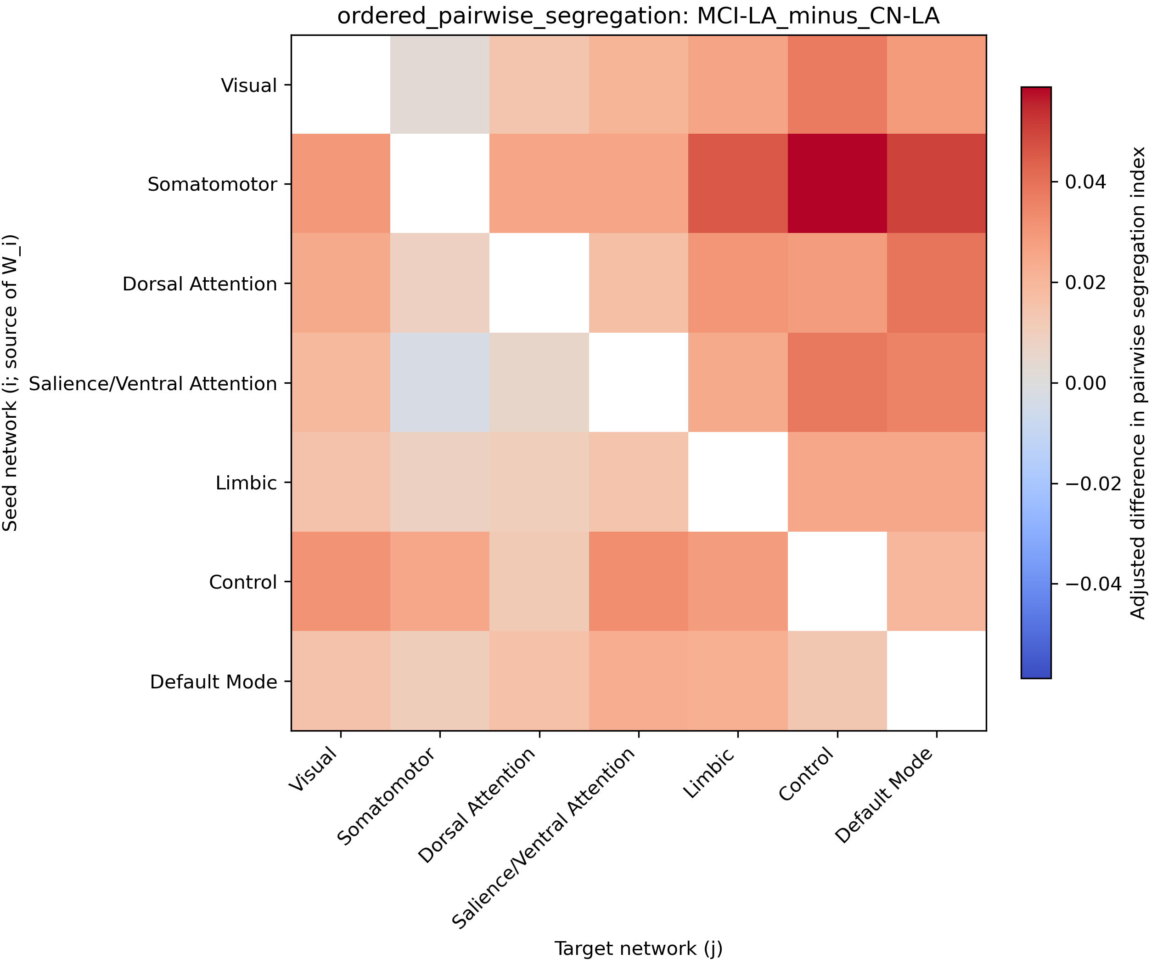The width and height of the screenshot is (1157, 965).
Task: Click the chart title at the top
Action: tap(638, 17)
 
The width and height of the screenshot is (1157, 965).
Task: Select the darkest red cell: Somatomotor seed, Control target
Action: tap(837, 184)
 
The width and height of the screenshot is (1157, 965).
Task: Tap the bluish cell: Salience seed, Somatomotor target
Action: tap(440, 383)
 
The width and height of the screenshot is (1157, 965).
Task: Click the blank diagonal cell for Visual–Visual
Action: tap(341, 85)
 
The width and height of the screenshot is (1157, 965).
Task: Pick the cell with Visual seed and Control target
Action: tap(837, 85)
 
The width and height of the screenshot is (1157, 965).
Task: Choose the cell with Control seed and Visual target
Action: tap(341, 581)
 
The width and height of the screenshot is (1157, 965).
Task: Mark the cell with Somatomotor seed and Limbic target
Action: tap(738, 184)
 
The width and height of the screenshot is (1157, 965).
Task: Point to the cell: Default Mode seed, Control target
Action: tap(837, 681)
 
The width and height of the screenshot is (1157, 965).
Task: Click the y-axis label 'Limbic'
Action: tap(246, 483)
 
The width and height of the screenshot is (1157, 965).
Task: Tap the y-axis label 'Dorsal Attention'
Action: tap(199, 284)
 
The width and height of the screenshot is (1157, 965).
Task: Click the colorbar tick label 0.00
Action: tap(1085, 383)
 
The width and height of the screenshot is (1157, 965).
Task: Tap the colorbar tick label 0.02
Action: tap(1085, 283)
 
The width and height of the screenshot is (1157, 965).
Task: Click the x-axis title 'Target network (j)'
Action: tap(639, 948)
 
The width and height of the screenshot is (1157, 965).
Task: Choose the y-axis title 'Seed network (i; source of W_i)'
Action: tap(11, 383)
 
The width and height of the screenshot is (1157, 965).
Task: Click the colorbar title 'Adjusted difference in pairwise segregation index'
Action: tap(1138, 383)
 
